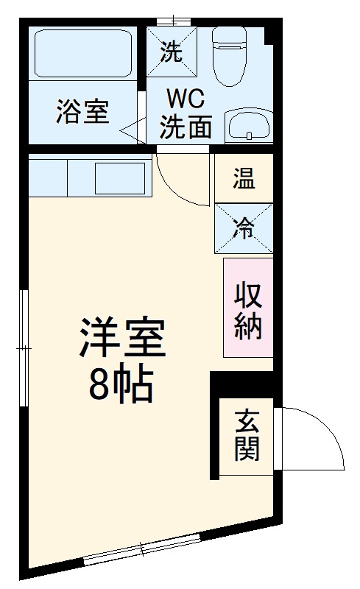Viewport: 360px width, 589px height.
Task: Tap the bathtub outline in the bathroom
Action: (82, 54)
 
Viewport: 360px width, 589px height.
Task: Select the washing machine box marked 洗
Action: (171, 52)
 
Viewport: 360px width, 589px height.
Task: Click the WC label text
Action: (186, 98)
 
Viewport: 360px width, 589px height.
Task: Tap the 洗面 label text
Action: (186, 127)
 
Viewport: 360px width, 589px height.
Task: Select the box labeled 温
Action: (244, 178)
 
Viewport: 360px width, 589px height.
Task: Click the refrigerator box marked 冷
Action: (244, 228)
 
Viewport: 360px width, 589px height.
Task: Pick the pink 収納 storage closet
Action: (248, 308)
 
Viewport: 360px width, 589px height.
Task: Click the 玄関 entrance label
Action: (247, 436)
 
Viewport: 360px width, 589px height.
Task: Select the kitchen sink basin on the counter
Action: (119, 179)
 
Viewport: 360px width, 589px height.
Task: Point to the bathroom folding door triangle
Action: (133, 131)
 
